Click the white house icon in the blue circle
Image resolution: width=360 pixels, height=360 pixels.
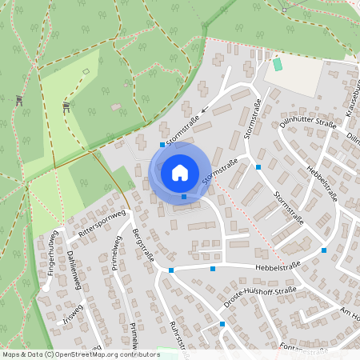click(x=179, y=172)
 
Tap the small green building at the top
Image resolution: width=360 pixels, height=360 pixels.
click(x=278, y=64)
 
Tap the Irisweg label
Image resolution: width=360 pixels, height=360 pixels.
click(x=72, y=313)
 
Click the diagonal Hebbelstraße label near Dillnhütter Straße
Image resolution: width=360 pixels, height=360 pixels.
click(x=323, y=185)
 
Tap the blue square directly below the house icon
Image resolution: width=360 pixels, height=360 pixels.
click(x=184, y=197)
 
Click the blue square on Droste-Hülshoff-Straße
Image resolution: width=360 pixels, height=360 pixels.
click(x=222, y=323)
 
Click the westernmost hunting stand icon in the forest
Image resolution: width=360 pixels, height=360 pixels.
click(x=18, y=100)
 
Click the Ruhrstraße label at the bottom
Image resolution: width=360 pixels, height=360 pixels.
click(x=178, y=336)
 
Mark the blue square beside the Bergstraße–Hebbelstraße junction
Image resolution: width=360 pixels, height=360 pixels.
click(x=171, y=270)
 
